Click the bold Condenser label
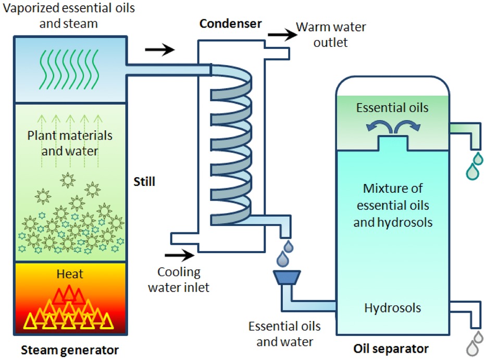(x=231, y=23)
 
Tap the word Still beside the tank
(x=144, y=181)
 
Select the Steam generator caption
(x=70, y=350)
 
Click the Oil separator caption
(x=391, y=349)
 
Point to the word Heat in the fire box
(x=70, y=274)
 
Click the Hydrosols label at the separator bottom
(x=392, y=308)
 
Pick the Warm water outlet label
(x=331, y=34)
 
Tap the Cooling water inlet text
(x=179, y=280)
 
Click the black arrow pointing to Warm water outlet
(x=282, y=34)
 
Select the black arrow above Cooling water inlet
(x=180, y=255)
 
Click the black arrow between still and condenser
(x=160, y=49)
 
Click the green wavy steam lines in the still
(x=69, y=69)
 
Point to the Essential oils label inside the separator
(x=392, y=108)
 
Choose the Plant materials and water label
(x=70, y=143)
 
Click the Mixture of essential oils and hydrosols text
(x=393, y=205)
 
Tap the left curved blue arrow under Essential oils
(x=378, y=126)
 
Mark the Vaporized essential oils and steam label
(x=69, y=16)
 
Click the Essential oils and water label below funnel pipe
(x=284, y=334)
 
